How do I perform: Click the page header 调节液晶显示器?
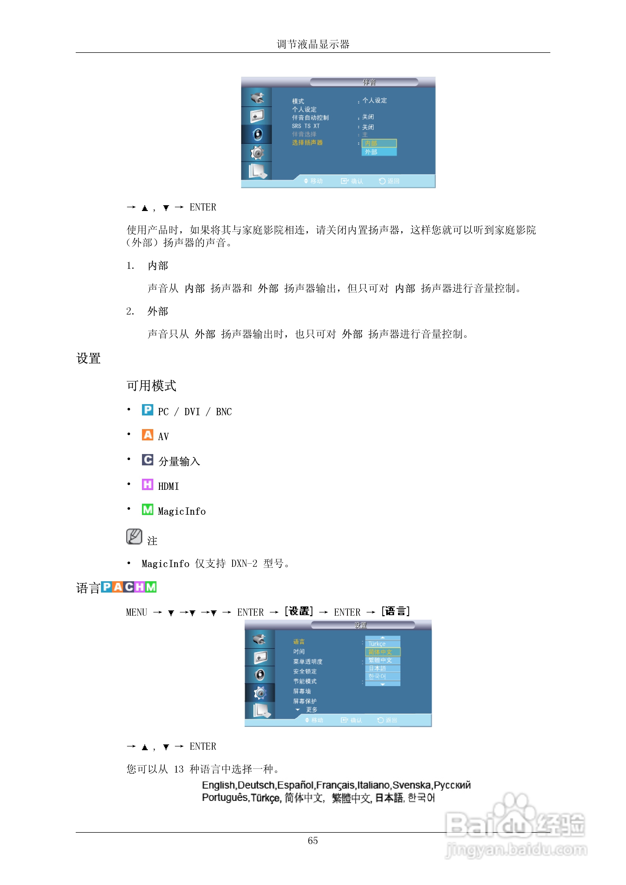pos(313,44)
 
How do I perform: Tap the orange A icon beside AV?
pos(147,435)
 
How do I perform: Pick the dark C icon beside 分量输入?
pos(147,460)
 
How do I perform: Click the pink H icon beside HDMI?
pos(147,485)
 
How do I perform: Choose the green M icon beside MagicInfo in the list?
pos(147,510)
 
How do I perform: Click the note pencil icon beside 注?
pos(134,537)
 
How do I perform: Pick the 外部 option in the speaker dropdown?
pos(379,152)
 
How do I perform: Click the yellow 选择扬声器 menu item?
pos(307,143)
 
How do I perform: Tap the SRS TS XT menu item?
pos(306,126)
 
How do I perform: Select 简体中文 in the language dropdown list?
pos(382,652)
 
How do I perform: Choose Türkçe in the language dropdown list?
pos(382,644)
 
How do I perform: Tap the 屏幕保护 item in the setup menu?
pos(305,701)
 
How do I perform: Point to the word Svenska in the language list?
pos(411,785)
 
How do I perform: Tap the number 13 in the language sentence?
pos(179,769)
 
